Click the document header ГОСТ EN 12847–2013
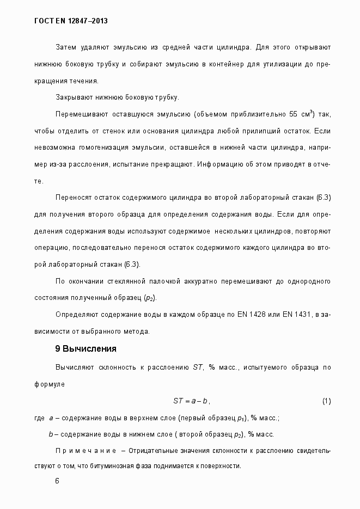click(x=71, y=21)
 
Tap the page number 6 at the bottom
click(x=57, y=481)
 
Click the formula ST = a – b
click(x=191, y=401)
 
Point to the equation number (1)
click(x=326, y=401)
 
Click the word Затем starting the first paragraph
click(x=66, y=47)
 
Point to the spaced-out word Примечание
click(x=86, y=451)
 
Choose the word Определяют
click(x=76, y=315)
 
